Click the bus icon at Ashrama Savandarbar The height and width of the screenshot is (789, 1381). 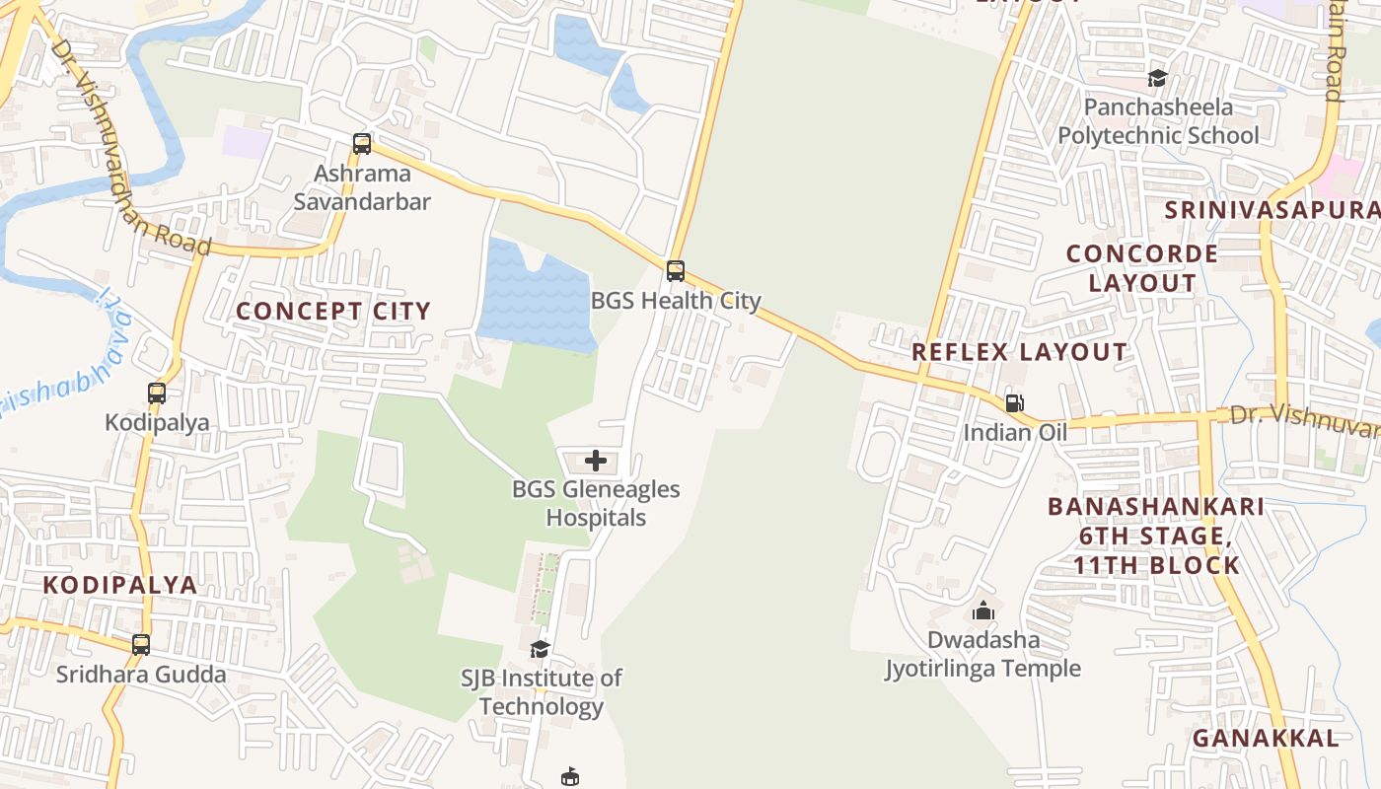point(362,144)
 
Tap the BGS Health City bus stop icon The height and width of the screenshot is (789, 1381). point(676,270)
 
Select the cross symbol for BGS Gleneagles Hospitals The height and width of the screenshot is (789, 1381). point(596,461)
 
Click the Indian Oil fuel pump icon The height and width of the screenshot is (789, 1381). point(1014,402)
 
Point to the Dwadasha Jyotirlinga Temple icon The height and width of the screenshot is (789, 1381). point(982,611)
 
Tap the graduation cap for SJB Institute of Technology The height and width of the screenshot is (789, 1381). point(540,649)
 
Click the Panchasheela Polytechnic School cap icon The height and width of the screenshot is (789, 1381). point(1157,78)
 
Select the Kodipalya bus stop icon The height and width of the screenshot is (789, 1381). point(157,394)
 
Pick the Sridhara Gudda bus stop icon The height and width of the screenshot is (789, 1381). point(141,645)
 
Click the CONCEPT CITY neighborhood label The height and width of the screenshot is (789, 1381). point(333,311)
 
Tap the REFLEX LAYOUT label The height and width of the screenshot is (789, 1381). point(1019,352)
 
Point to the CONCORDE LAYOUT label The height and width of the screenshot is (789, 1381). point(1142,268)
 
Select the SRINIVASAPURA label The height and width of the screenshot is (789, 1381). point(1272,210)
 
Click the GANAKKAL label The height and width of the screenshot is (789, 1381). point(1266,738)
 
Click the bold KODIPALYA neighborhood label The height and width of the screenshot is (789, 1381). point(119,584)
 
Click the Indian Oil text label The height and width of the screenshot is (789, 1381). point(1015,432)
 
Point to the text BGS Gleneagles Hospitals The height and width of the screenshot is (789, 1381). point(596,503)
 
